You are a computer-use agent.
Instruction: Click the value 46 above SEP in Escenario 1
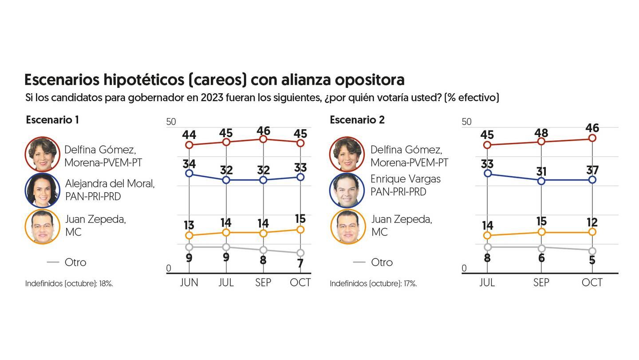(263, 131)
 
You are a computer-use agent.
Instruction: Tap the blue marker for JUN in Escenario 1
(189, 173)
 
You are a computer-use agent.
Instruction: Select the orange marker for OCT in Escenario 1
(300, 229)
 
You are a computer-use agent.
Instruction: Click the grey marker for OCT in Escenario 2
(592, 251)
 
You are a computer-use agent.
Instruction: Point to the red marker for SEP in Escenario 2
(541, 141)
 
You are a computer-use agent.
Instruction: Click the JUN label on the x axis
(189, 283)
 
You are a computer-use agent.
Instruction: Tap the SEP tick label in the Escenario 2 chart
(541, 283)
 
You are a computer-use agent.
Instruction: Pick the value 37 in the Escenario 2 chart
(592, 170)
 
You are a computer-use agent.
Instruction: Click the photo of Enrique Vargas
(347, 190)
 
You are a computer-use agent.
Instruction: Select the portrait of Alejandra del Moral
(43, 190)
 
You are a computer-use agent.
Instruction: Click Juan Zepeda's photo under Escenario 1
(43, 227)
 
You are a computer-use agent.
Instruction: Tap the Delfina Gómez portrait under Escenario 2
(347, 154)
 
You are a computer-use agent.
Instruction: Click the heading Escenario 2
(357, 120)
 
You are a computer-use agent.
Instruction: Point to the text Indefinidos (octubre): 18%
(69, 283)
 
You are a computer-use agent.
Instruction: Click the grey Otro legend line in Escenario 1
(53, 262)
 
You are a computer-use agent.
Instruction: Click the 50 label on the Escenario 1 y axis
(171, 122)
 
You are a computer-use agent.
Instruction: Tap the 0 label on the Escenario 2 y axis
(464, 268)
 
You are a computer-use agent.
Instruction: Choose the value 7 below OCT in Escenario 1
(300, 263)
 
